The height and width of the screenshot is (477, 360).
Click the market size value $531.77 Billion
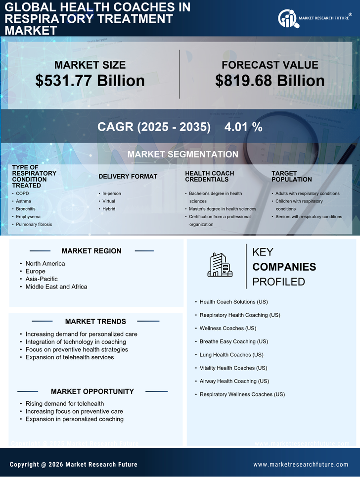pos(90,81)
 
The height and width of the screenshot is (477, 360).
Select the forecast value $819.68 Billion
pos(270,81)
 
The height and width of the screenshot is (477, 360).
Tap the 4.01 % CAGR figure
pos(243,127)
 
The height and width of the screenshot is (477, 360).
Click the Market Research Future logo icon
pos(287,19)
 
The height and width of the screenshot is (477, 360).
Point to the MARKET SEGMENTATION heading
pos(182,154)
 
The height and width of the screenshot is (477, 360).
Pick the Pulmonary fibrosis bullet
pos(34,224)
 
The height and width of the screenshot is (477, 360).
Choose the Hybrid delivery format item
pos(108,209)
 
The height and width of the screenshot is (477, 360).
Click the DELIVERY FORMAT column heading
pos(128,176)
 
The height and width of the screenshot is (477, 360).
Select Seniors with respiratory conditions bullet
pos(309,217)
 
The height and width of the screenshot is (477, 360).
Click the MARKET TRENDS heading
pos(95,321)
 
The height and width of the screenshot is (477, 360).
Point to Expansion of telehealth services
pos(70,357)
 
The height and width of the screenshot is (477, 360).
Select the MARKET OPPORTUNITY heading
pos(92,391)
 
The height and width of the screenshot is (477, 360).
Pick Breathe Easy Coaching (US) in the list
pos(233,341)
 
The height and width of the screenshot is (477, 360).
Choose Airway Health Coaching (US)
pos(234,382)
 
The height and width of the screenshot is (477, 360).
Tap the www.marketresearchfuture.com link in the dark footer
pos(301,464)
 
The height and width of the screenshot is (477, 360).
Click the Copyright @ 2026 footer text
pos(74,464)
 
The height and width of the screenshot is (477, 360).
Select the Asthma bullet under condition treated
pos(23,201)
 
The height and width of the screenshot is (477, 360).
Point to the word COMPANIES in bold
pos(284,267)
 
